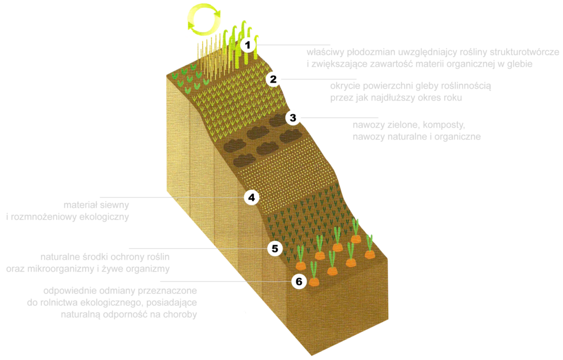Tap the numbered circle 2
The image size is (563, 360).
(x=273, y=80)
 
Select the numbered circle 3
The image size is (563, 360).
(x=292, y=117)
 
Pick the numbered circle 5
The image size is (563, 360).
(x=275, y=248)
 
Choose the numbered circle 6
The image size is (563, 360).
(x=299, y=282)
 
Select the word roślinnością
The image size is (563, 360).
(x=465, y=86)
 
